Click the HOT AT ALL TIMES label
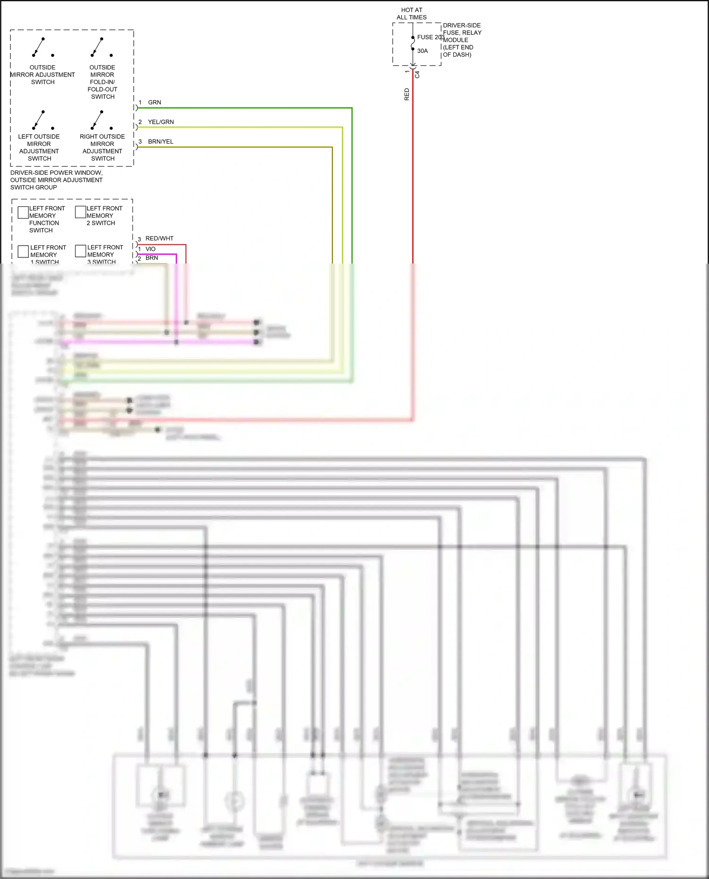click(412, 14)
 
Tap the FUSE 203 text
click(431, 37)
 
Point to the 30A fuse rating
click(423, 51)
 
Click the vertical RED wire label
click(407, 94)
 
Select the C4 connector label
click(417, 75)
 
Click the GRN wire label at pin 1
click(155, 102)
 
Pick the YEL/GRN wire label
click(161, 122)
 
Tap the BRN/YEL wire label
click(161, 142)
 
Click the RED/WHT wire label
click(159, 239)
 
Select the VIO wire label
click(150, 249)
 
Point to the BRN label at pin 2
click(152, 258)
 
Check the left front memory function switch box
click(23, 213)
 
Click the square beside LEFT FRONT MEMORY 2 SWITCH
click(80, 212)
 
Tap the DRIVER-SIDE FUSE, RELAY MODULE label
click(462, 40)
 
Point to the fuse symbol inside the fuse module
click(413, 43)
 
